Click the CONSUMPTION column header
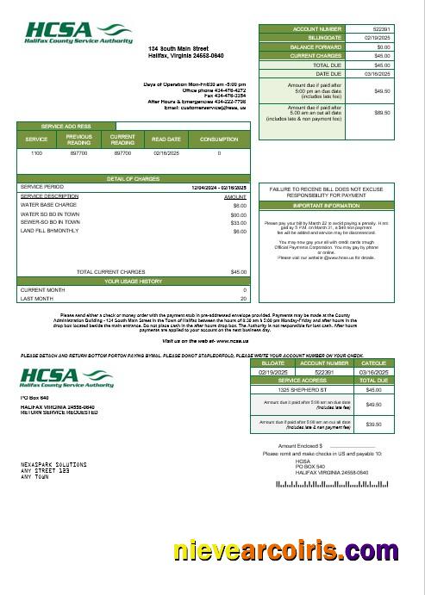click(x=219, y=139)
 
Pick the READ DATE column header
click(x=166, y=139)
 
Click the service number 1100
click(x=36, y=152)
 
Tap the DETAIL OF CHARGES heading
click(x=134, y=178)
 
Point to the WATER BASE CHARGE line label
click(x=48, y=205)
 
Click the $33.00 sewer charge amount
click(x=238, y=222)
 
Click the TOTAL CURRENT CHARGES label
click(x=110, y=272)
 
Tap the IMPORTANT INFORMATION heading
click(x=326, y=206)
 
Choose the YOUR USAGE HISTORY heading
click(x=134, y=281)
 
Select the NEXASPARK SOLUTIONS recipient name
click(x=53, y=463)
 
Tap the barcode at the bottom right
click(x=334, y=485)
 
